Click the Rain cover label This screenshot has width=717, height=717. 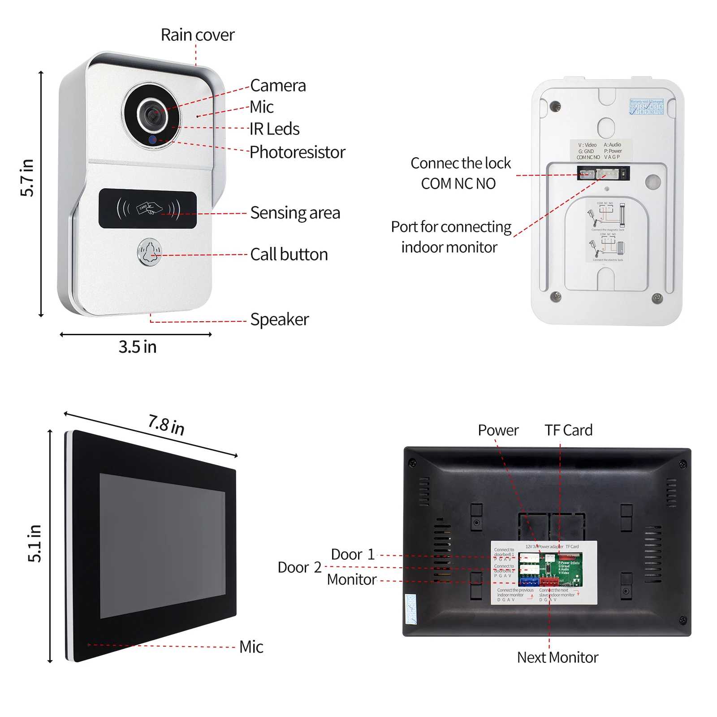(197, 35)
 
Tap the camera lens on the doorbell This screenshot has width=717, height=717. (152, 115)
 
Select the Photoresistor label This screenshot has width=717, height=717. (297, 152)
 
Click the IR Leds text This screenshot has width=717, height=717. (274, 129)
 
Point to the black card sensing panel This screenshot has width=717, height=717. (147, 208)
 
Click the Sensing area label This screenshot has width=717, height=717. (295, 213)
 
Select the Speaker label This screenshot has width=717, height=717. (279, 320)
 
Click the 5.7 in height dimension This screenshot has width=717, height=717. (27, 177)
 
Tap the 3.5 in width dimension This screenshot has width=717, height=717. (137, 347)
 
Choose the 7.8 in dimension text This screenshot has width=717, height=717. (166, 424)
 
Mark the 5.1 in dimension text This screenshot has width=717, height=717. (34, 543)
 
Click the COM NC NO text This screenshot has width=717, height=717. (458, 184)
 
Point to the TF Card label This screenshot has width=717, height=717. (568, 430)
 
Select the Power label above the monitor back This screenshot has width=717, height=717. (498, 430)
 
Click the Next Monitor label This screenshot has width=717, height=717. (557, 657)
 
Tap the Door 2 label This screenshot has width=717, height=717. (299, 567)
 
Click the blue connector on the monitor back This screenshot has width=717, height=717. (529, 582)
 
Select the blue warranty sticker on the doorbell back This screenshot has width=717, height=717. (646, 107)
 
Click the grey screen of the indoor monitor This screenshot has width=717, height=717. (162, 546)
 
